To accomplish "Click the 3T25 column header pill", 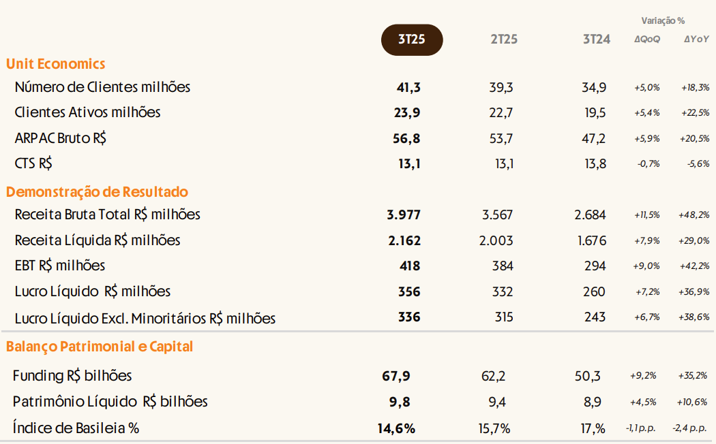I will pyautogui.click(x=411, y=39).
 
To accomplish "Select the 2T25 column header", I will pyautogui.click(x=504, y=39).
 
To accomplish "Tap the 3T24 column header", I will pyautogui.click(x=596, y=39).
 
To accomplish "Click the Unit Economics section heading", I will pyautogui.click(x=56, y=64).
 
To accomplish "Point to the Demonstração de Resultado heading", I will pyautogui.click(x=98, y=192).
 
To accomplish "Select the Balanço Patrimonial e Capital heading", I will pyautogui.click(x=100, y=347).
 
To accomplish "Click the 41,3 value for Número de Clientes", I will pyautogui.click(x=408, y=87).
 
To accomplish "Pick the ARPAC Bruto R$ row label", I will pyautogui.click(x=61, y=138).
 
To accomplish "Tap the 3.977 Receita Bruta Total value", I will pyautogui.click(x=404, y=215).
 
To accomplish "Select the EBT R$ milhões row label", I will pyautogui.click(x=60, y=266).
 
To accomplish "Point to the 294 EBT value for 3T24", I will pyautogui.click(x=595, y=266).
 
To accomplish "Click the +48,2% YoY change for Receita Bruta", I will pyautogui.click(x=695, y=215).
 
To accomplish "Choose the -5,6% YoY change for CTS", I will pyautogui.click(x=697, y=164).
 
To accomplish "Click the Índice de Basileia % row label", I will pyautogui.click(x=76, y=428).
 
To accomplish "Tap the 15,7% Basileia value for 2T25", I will pyautogui.click(x=497, y=428).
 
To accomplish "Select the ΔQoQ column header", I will pyautogui.click(x=647, y=40).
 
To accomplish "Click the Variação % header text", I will pyautogui.click(x=663, y=21).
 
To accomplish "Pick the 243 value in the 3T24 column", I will pyautogui.click(x=595, y=317).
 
